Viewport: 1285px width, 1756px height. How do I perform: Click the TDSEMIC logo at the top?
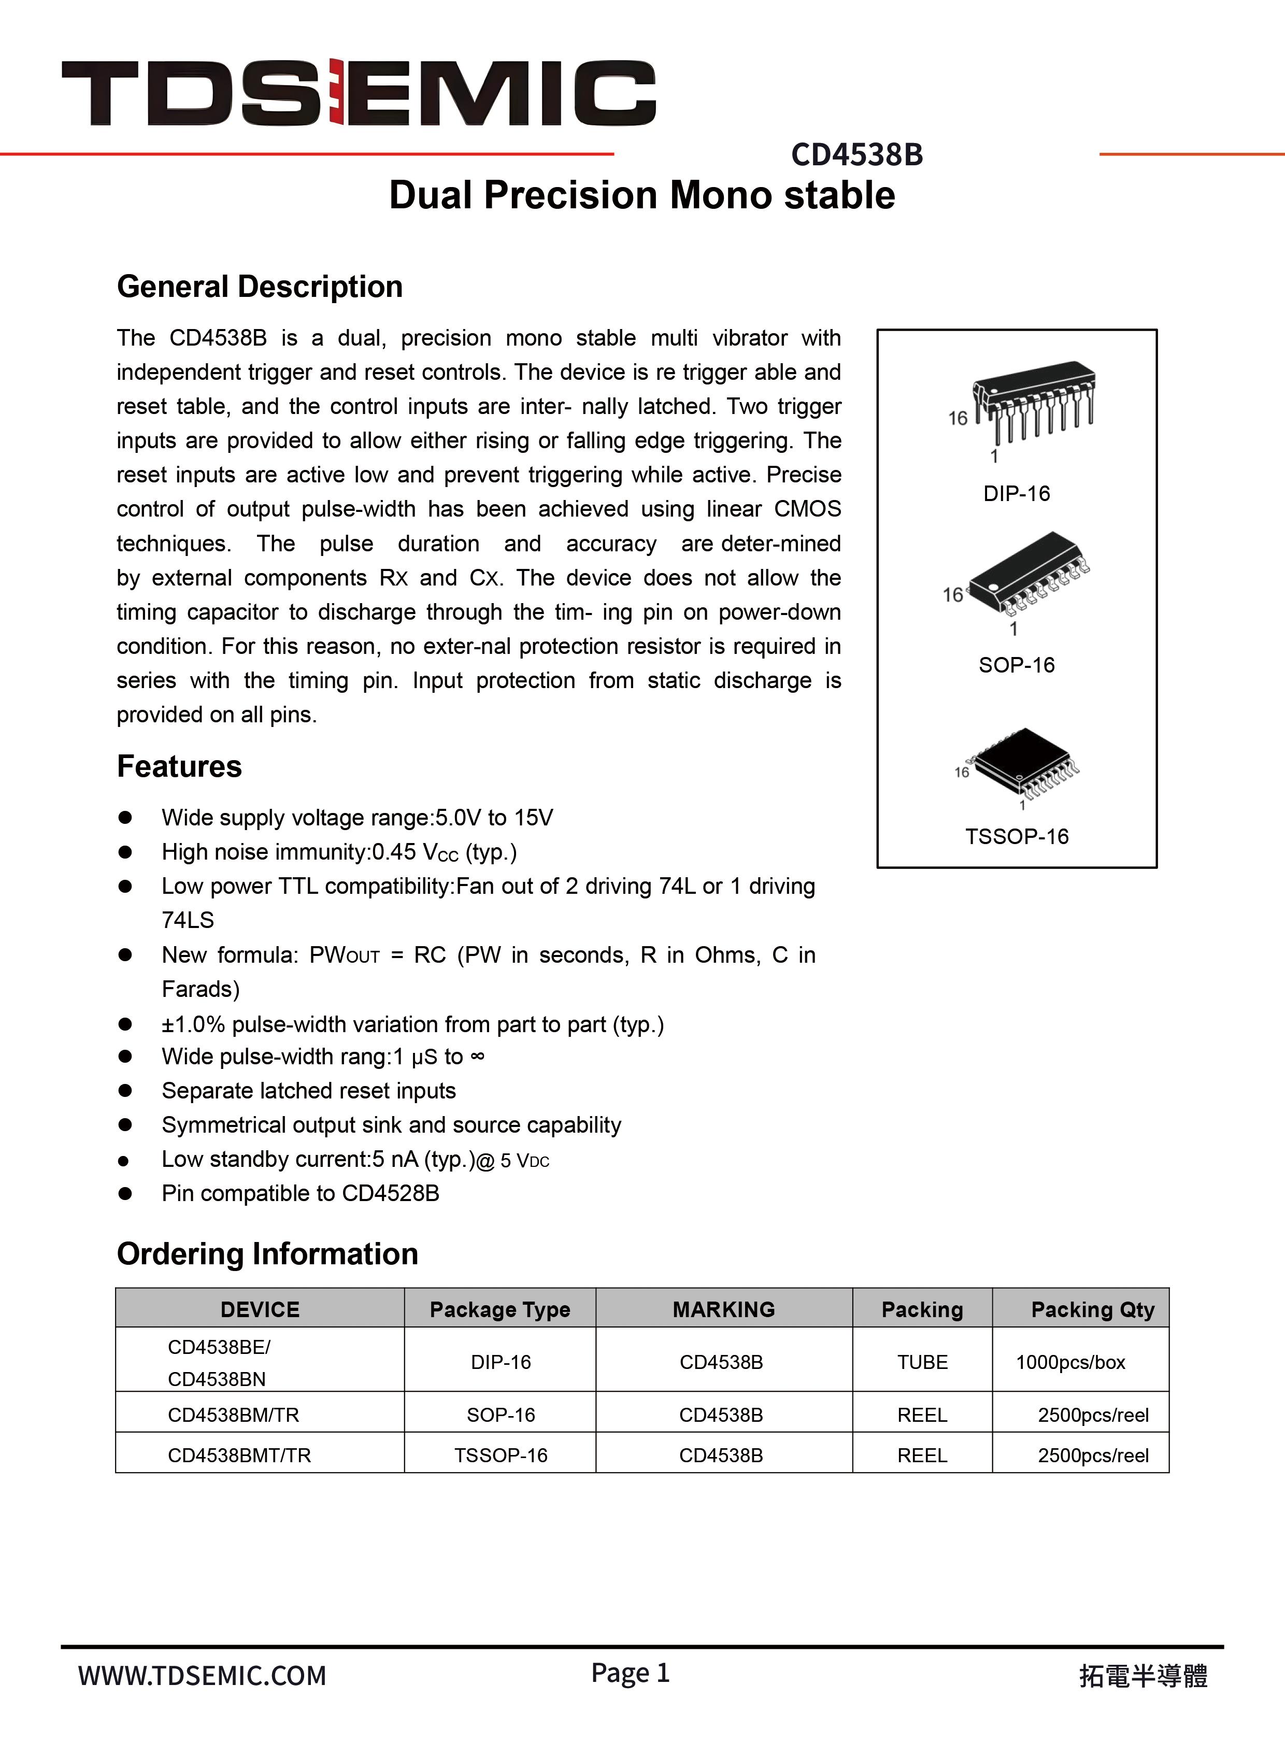(358, 93)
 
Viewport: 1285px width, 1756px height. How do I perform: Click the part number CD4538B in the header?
(856, 155)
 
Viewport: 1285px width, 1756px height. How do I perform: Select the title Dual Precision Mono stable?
(641, 195)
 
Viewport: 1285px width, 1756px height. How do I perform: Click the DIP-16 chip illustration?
(1033, 402)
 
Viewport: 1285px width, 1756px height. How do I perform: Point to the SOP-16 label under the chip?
(1016, 665)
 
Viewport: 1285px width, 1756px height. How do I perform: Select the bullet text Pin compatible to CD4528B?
(300, 1193)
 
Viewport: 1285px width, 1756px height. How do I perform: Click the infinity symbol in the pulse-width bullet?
(478, 1056)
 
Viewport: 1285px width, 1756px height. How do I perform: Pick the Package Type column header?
(499, 1309)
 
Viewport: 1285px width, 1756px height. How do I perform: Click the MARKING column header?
(723, 1309)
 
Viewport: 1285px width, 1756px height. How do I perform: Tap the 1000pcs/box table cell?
(1070, 1363)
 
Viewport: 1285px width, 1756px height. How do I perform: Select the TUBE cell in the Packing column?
(922, 1363)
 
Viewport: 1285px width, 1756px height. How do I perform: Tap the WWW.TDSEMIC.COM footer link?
(202, 1675)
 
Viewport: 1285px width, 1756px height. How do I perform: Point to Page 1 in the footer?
(630, 1673)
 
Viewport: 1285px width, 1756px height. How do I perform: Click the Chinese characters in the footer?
(1143, 1676)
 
